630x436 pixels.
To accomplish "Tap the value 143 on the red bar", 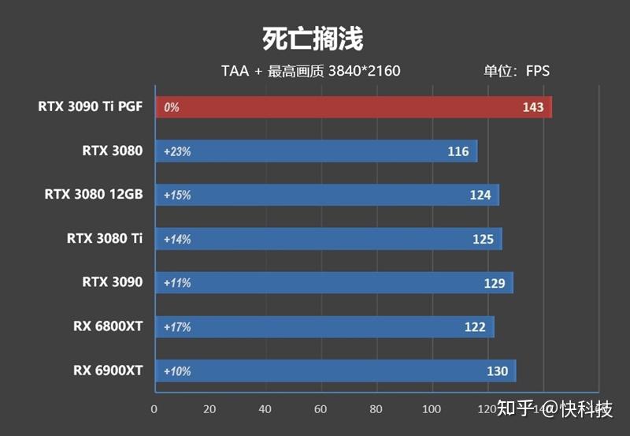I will tap(533, 107).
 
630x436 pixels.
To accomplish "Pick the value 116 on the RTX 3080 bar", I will tap(458, 151).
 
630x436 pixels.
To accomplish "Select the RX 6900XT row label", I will tap(108, 370).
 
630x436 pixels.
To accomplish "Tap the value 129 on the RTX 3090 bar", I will tap(495, 282).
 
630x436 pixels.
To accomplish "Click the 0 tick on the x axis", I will tap(154, 409).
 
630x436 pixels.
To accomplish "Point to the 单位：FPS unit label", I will tap(516, 71).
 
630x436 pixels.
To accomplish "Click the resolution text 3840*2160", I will tap(364, 71).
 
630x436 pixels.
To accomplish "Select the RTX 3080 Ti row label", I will tap(105, 238).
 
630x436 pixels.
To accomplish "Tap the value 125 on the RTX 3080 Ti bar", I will tap(484, 239).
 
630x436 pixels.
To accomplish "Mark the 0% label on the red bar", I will tap(172, 107).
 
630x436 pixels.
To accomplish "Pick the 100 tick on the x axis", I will tap(432, 409).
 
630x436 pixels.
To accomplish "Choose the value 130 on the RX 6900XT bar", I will tap(498, 371).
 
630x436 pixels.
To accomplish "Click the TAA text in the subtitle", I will tap(235, 71).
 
